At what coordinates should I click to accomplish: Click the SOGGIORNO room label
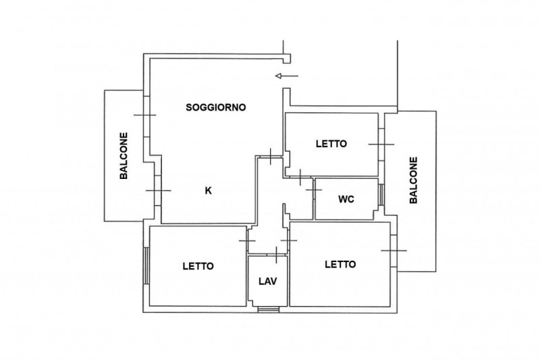click(216, 107)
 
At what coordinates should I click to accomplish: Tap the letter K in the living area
click(209, 190)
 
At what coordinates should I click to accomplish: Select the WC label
click(346, 199)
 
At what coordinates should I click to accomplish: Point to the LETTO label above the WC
click(331, 144)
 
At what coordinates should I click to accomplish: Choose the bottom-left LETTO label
click(198, 266)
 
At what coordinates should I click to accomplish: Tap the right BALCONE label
click(414, 180)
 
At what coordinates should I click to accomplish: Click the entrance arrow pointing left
click(287, 76)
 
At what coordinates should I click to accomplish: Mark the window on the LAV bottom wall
click(268, 310)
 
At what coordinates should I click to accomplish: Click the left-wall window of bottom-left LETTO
click(146, 265)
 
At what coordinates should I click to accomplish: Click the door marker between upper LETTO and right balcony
click(381, 145)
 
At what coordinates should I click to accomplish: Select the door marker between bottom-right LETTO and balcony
click(394, 251)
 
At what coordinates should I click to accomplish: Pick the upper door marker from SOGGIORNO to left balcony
click(144, 115)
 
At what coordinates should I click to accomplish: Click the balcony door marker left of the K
click(158, 190)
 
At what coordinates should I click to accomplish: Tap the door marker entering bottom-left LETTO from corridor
click(247, 240)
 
